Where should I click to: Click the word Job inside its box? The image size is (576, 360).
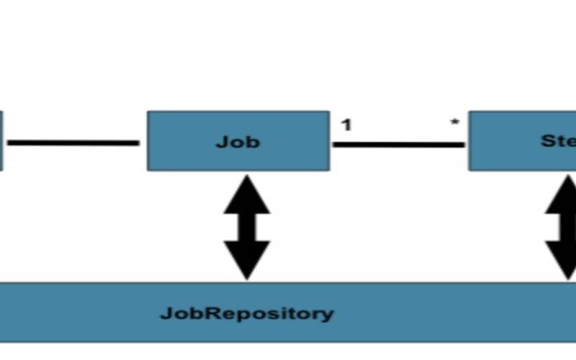point(238,142)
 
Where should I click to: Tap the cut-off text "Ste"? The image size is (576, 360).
point(557,141)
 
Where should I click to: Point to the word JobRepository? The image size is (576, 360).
point(247,314)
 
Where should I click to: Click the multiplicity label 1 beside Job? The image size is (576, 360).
point(346,125)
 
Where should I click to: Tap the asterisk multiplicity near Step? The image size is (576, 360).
point(454,124)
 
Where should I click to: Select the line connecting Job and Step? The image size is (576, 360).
point(398,145)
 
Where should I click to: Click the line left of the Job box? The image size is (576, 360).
point(73,143)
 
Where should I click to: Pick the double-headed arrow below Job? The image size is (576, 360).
point(246,227)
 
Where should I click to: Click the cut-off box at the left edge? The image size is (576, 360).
point(1,140)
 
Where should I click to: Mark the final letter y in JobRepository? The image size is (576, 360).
point(328,315)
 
